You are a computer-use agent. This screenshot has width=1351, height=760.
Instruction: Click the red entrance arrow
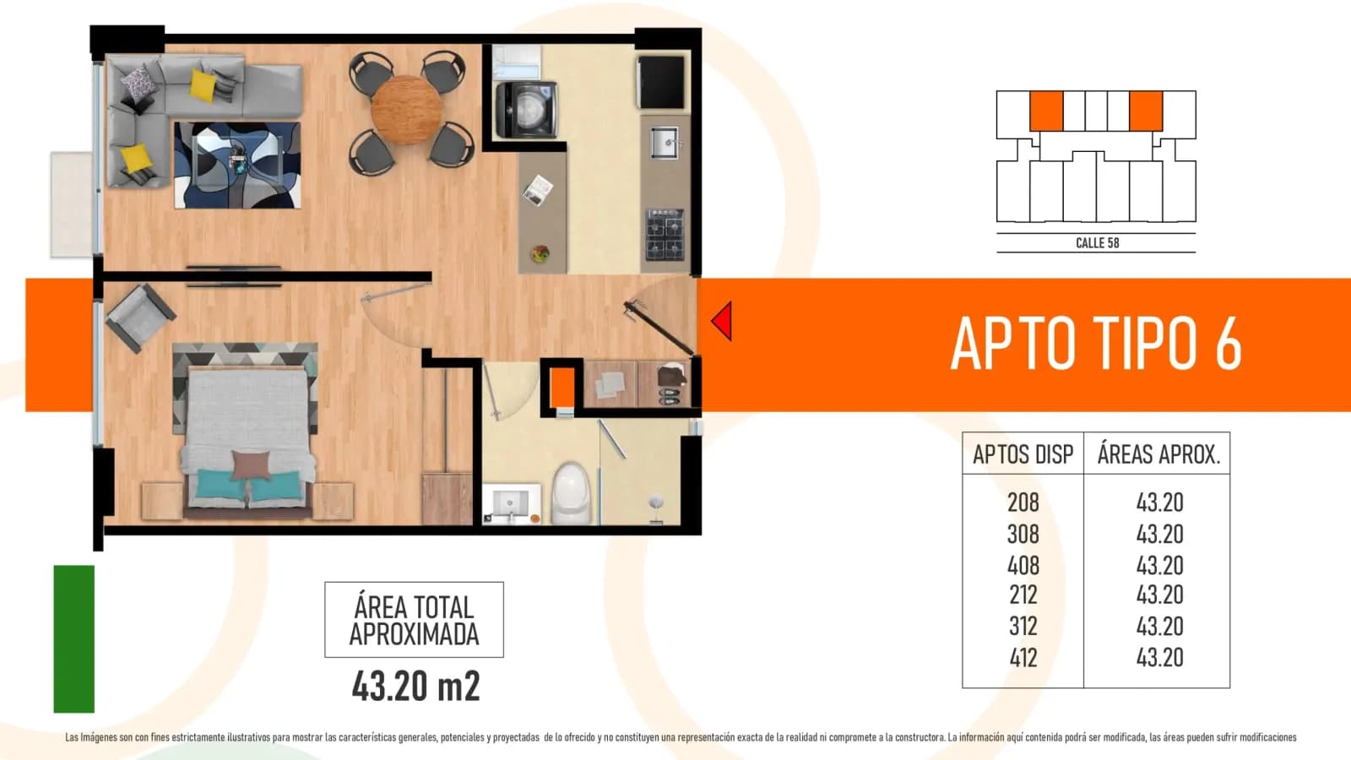pos(722,321)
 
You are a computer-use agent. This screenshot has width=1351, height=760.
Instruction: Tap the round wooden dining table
pos(406,111)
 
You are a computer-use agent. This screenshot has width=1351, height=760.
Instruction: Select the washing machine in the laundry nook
pos(526,111)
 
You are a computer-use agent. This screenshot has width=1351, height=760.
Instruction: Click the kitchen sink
pos(665,143)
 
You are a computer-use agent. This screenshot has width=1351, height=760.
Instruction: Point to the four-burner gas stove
pos(665,235)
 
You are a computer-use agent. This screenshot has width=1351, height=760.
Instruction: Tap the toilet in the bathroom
pos(570,493)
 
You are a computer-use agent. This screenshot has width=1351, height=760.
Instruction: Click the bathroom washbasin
pos(510,503)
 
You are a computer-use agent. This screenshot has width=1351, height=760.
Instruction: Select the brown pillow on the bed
pos(252,465)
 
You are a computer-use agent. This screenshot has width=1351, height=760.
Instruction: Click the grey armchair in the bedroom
pos(140,318)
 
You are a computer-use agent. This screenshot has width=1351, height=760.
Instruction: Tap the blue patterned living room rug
pos(237,166)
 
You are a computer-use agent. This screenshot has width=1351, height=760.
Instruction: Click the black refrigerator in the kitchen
pos(662,83)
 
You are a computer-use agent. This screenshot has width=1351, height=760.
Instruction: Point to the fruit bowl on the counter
pos(540,253)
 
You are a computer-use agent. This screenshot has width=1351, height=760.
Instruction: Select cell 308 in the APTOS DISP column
pos(1023,534)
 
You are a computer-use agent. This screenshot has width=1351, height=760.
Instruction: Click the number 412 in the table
pos(1023,658)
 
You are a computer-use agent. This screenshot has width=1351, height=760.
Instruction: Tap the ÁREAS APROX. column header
pos(1158,454)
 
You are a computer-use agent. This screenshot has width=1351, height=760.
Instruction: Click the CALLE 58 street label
pos(1097,243)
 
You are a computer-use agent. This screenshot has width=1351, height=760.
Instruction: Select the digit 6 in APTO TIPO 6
pos(1229,343)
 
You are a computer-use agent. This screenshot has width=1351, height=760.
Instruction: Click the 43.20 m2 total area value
pos(415,687)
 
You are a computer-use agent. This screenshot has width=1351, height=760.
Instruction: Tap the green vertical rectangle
pos(74,638)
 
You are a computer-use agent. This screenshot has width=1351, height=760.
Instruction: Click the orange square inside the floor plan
pos(562,388)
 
